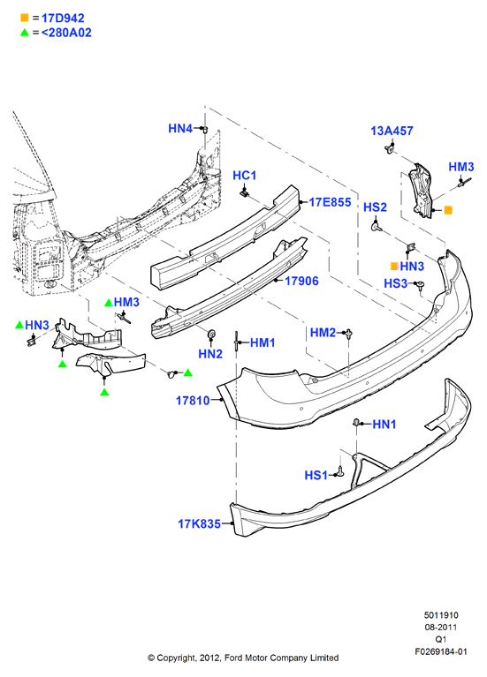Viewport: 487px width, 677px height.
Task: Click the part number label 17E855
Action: [x=330, y=202]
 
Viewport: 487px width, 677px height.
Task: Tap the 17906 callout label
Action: [x=301, y=281]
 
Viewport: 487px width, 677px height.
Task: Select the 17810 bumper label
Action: [x=193, y=401]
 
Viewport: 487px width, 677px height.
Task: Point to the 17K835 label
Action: [x=200, y=523]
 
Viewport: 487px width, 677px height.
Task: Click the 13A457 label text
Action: [x=392, y=131]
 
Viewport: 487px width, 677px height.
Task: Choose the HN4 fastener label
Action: [x=180, y=128]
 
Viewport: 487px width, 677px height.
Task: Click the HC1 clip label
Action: [x=244, y=176]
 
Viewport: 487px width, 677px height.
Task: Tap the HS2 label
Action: [x=375, y=207]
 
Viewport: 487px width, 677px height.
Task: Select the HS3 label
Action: [x=396, y=283]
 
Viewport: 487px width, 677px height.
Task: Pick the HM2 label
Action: [x=323, y=333]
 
